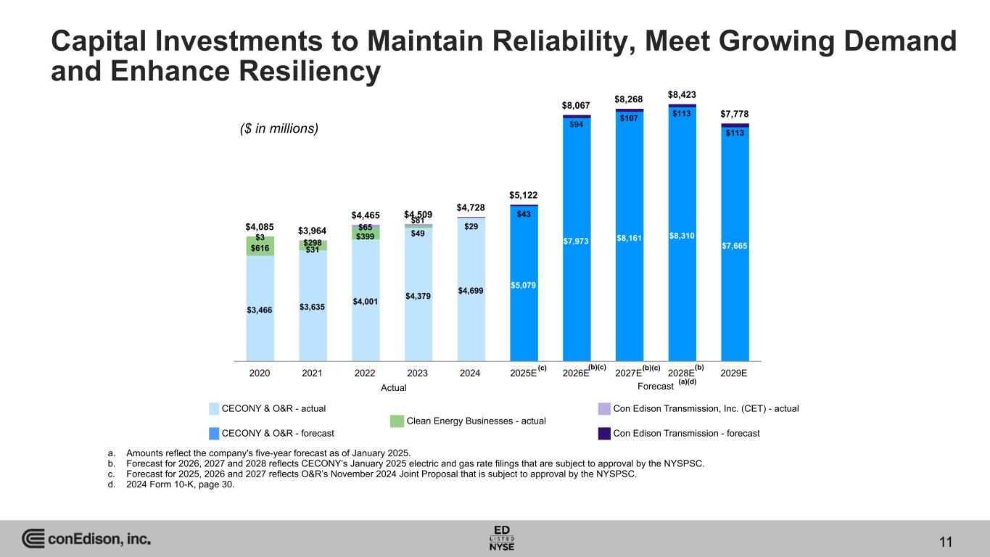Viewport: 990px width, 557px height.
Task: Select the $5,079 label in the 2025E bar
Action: [524, 285]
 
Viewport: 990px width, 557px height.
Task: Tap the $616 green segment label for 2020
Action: [260, 248]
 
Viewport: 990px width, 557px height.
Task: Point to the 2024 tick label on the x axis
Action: [470, 373]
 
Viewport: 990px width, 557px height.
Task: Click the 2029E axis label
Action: [735, 373]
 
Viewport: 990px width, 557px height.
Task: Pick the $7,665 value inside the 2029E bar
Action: [735, 246]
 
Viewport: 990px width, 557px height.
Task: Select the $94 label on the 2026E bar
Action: [577, 124]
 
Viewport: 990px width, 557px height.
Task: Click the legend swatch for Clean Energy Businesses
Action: [397, 421]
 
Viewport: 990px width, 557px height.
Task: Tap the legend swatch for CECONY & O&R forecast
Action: [215, 433]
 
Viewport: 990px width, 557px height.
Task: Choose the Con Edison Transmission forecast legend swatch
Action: [603, 433]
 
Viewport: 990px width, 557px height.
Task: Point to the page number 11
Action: [945, 542]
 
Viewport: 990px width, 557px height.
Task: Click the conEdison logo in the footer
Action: [86, 540]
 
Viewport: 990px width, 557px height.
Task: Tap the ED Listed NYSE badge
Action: [502, 537]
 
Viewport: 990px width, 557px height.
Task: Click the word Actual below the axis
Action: [394, 388]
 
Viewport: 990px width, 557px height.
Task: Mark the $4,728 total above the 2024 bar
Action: [471, 208]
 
